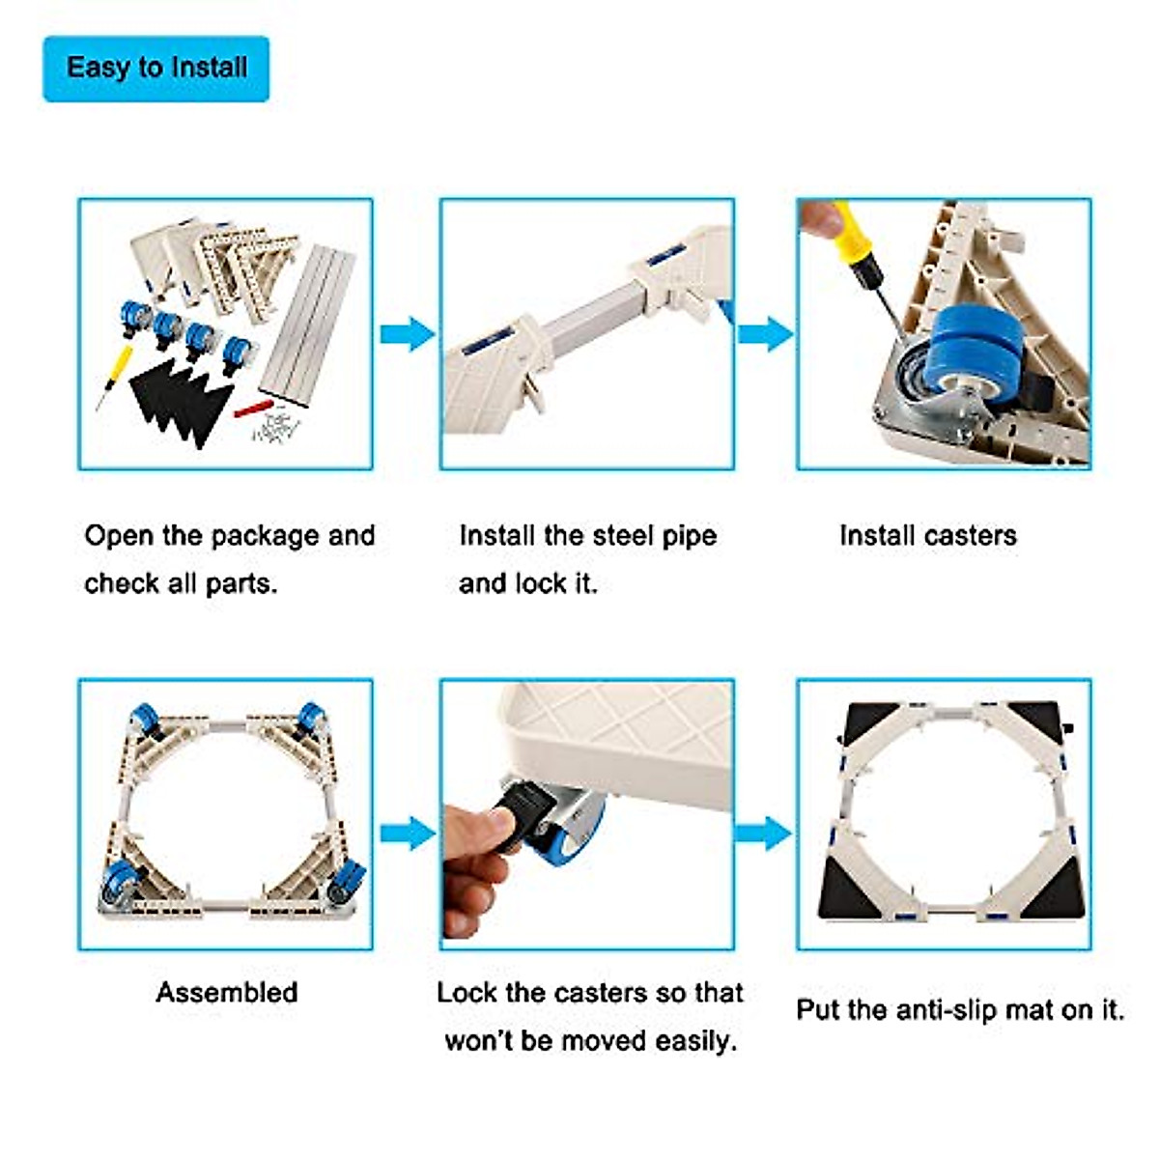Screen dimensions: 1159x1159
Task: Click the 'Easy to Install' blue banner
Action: coord(156,69)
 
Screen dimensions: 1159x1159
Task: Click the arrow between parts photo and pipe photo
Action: coord(407,335)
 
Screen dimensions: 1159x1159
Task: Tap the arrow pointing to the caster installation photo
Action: coord(765,335)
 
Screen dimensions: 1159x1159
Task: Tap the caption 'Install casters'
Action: coord(927,536)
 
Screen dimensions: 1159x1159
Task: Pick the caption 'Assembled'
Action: coord(227,993)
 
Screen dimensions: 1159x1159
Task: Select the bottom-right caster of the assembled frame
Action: coord(346,882)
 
